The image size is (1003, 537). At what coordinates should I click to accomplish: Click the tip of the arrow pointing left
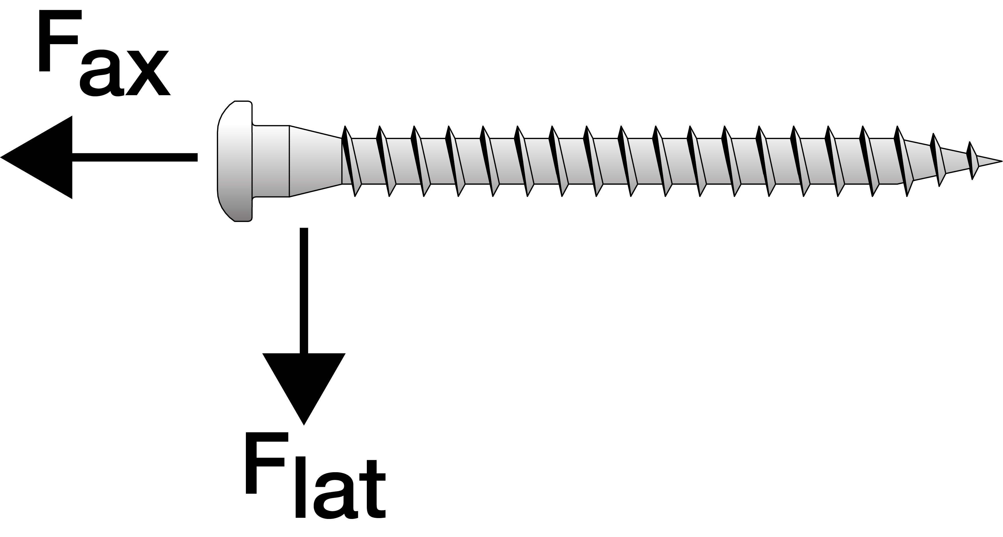[1, 157]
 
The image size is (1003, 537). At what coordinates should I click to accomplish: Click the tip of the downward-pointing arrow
[304, 425]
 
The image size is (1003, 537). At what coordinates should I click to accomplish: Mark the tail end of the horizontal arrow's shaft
[197, 157]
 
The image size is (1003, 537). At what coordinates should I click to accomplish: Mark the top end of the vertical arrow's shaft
[304, 228]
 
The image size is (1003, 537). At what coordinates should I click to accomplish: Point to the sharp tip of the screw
[1002, 161]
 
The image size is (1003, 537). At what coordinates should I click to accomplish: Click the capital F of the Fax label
[60, 41]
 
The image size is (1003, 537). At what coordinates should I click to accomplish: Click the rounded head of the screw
[235, 161]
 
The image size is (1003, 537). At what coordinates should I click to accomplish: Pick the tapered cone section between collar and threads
[316, 161]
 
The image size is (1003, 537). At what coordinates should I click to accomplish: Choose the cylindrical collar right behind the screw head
[271, 161]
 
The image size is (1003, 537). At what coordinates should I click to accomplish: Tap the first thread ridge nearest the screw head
[352, 161]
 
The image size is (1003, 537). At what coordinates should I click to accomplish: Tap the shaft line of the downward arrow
[304, 290]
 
